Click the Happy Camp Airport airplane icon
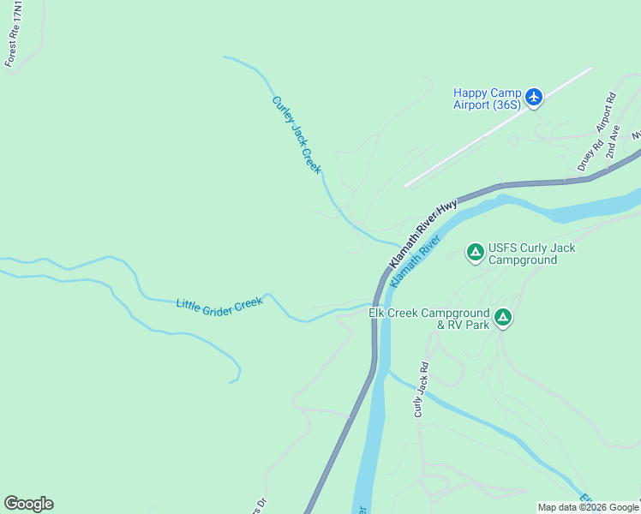[534, 97]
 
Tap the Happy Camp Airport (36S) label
[487, 99]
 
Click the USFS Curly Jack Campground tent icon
[475, 252]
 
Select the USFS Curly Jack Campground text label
[531, 254]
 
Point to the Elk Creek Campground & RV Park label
[428, 319]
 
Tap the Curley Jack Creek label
[297, 134]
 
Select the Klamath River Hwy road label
[423, 232]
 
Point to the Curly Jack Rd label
[421, 389]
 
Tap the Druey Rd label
[585, 155]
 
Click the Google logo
[28, 504]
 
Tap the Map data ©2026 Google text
[588, 507]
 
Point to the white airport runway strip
[498, 127]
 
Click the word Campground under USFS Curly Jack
[523, 260]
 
